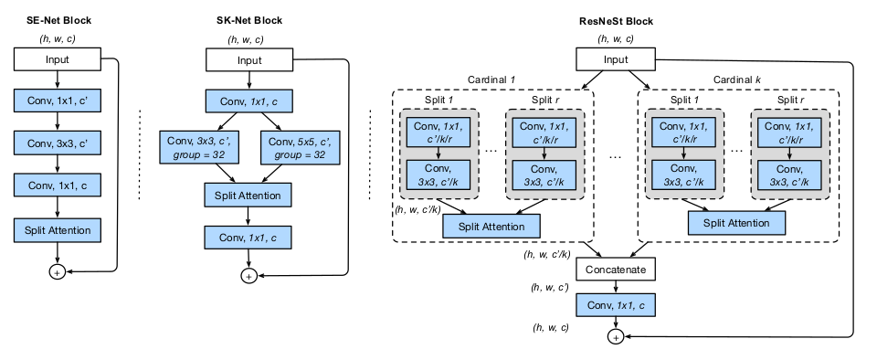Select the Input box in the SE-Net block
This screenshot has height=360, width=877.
click(x=56, y=60)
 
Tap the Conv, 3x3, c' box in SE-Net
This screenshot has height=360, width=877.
click(x=56, y=143)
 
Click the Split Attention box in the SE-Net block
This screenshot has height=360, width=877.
click(x=56, y=229)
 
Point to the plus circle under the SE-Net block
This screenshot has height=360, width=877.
click(x=56, y=271)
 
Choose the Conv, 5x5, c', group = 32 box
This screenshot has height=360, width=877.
click(x=297, y=147)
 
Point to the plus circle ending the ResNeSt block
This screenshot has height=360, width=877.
click(x=614, y=337)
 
